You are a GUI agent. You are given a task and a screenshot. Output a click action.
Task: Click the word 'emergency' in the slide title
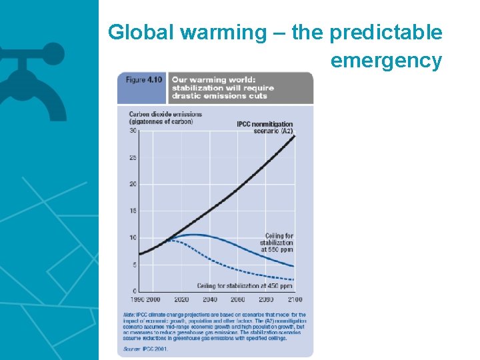pos(386,61)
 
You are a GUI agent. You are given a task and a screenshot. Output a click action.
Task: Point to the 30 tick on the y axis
pos(133,131)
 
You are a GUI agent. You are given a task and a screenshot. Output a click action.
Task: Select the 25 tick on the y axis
pos(133,158)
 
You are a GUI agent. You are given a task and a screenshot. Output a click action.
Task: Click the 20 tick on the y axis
pos(133,184)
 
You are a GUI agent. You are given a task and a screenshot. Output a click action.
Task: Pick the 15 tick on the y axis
pos(133,211)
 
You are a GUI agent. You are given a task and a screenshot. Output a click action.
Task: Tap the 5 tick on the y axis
pos(135,265)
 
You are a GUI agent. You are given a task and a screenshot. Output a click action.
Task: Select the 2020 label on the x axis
pos(181,300)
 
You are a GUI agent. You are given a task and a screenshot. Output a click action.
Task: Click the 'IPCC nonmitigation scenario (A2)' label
pos(265,127)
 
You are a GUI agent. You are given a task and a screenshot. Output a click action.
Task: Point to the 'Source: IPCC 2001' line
pos(146,348)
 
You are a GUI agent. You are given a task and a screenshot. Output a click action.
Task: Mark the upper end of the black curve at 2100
pos(295,135)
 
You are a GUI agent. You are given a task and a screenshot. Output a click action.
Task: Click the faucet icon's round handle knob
pos(54,53)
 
